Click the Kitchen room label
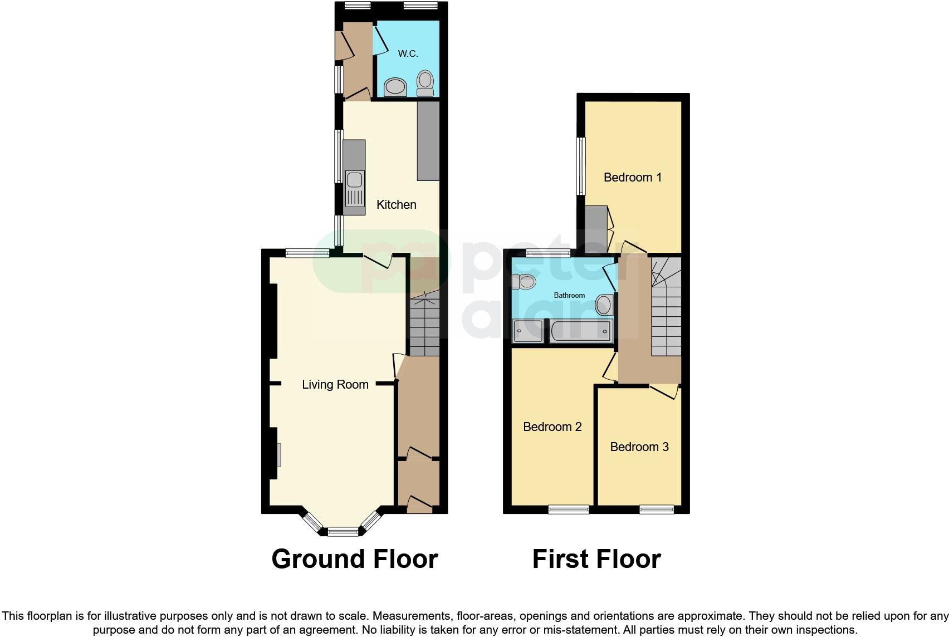(396, 205)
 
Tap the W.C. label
(408, 54)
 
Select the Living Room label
(335, 385)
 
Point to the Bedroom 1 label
(633, 178)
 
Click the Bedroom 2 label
(552, 427)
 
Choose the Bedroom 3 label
(639, 447)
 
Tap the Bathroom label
(569, 296)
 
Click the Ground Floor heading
(355, 559)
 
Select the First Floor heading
(596, 559)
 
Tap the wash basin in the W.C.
(395, 87)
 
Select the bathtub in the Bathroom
(581, 331)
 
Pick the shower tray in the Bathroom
(527, 331)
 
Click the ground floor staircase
(424, 326)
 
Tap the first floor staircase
(666, 312)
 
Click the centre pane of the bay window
(344, 532)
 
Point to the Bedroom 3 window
(657, 509)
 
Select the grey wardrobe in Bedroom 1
(596, 227)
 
